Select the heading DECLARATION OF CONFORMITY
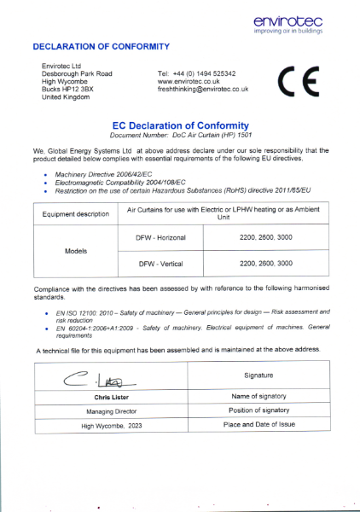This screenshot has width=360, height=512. pos(101,45)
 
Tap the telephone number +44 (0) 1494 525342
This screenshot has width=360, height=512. pos(197,73)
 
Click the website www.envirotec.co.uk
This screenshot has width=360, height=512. pos(189,81)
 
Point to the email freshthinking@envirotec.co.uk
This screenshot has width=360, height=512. pos(203,89)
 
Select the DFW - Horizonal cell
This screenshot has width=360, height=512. pos(160,237)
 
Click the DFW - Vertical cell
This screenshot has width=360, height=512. pos(160,264)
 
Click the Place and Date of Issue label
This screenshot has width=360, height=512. pos(259,424)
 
